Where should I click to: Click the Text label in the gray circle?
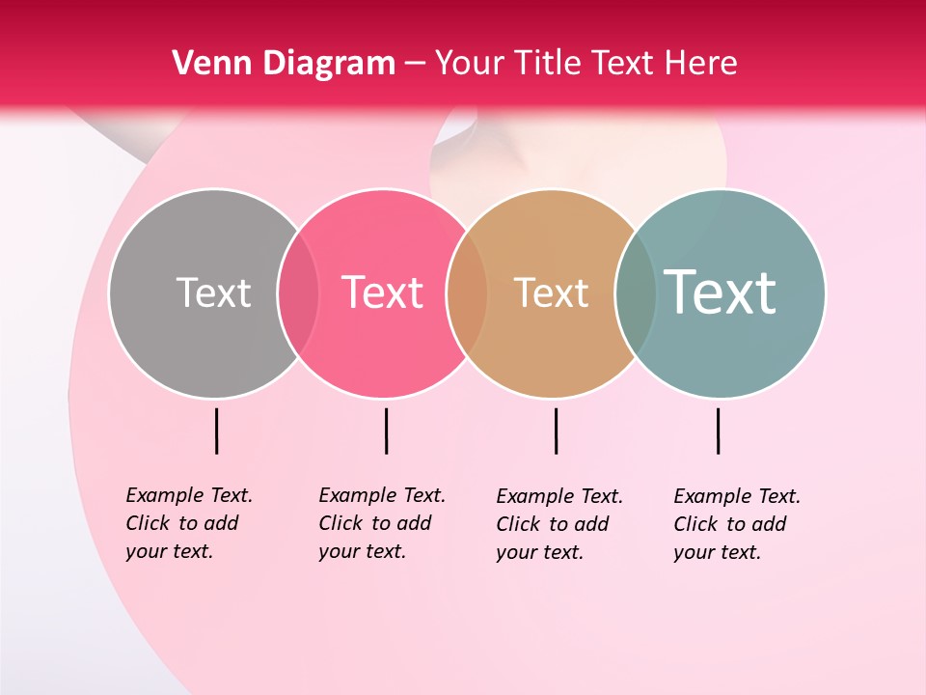(213, 292)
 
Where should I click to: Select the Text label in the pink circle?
(382, 292)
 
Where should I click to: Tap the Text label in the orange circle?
(551, 292)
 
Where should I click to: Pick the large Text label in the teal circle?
(720, 292)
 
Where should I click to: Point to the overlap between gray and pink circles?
(298, 293)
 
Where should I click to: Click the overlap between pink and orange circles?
(467, 293)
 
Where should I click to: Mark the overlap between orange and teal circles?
(636, 293)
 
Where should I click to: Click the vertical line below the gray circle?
(216, 431)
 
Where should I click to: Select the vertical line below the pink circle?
(386, 431)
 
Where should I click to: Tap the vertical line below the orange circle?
(556, 431)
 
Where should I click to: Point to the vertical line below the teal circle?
(718, 431)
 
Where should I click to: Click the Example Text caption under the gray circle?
(188, 523)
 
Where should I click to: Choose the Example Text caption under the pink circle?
(381, 523)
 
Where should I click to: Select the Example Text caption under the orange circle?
(558, 524)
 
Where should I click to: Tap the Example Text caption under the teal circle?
(736, 524)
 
